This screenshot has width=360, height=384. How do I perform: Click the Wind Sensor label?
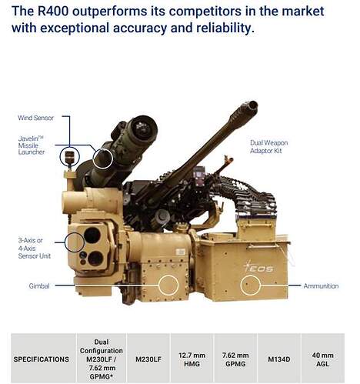coord(36,118)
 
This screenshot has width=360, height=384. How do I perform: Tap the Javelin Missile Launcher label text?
coord(32,145)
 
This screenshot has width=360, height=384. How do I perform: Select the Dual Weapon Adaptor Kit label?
coord(268,147)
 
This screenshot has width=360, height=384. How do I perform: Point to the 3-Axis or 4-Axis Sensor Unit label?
coord(35,248)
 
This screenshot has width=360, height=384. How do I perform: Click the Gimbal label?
coord(39,285)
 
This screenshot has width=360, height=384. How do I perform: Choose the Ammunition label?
coord(321,285)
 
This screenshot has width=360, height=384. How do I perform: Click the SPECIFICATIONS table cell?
coord(42,359)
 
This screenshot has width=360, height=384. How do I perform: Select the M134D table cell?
coord(279,359)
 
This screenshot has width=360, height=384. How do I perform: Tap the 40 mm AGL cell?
coord(323,359)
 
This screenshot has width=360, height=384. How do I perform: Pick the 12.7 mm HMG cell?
coord(192,359)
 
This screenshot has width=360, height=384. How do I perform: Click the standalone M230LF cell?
coord(148,359)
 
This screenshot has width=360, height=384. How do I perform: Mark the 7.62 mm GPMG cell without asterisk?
coord(235,359)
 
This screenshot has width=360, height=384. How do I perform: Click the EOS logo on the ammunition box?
coord(258,267)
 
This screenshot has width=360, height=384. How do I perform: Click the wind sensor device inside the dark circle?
coord(70,157)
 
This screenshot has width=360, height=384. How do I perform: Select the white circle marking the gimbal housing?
coord(168,275)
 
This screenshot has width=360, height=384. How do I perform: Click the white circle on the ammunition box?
coord(250,275)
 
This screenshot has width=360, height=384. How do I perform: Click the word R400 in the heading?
coord(53,12)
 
